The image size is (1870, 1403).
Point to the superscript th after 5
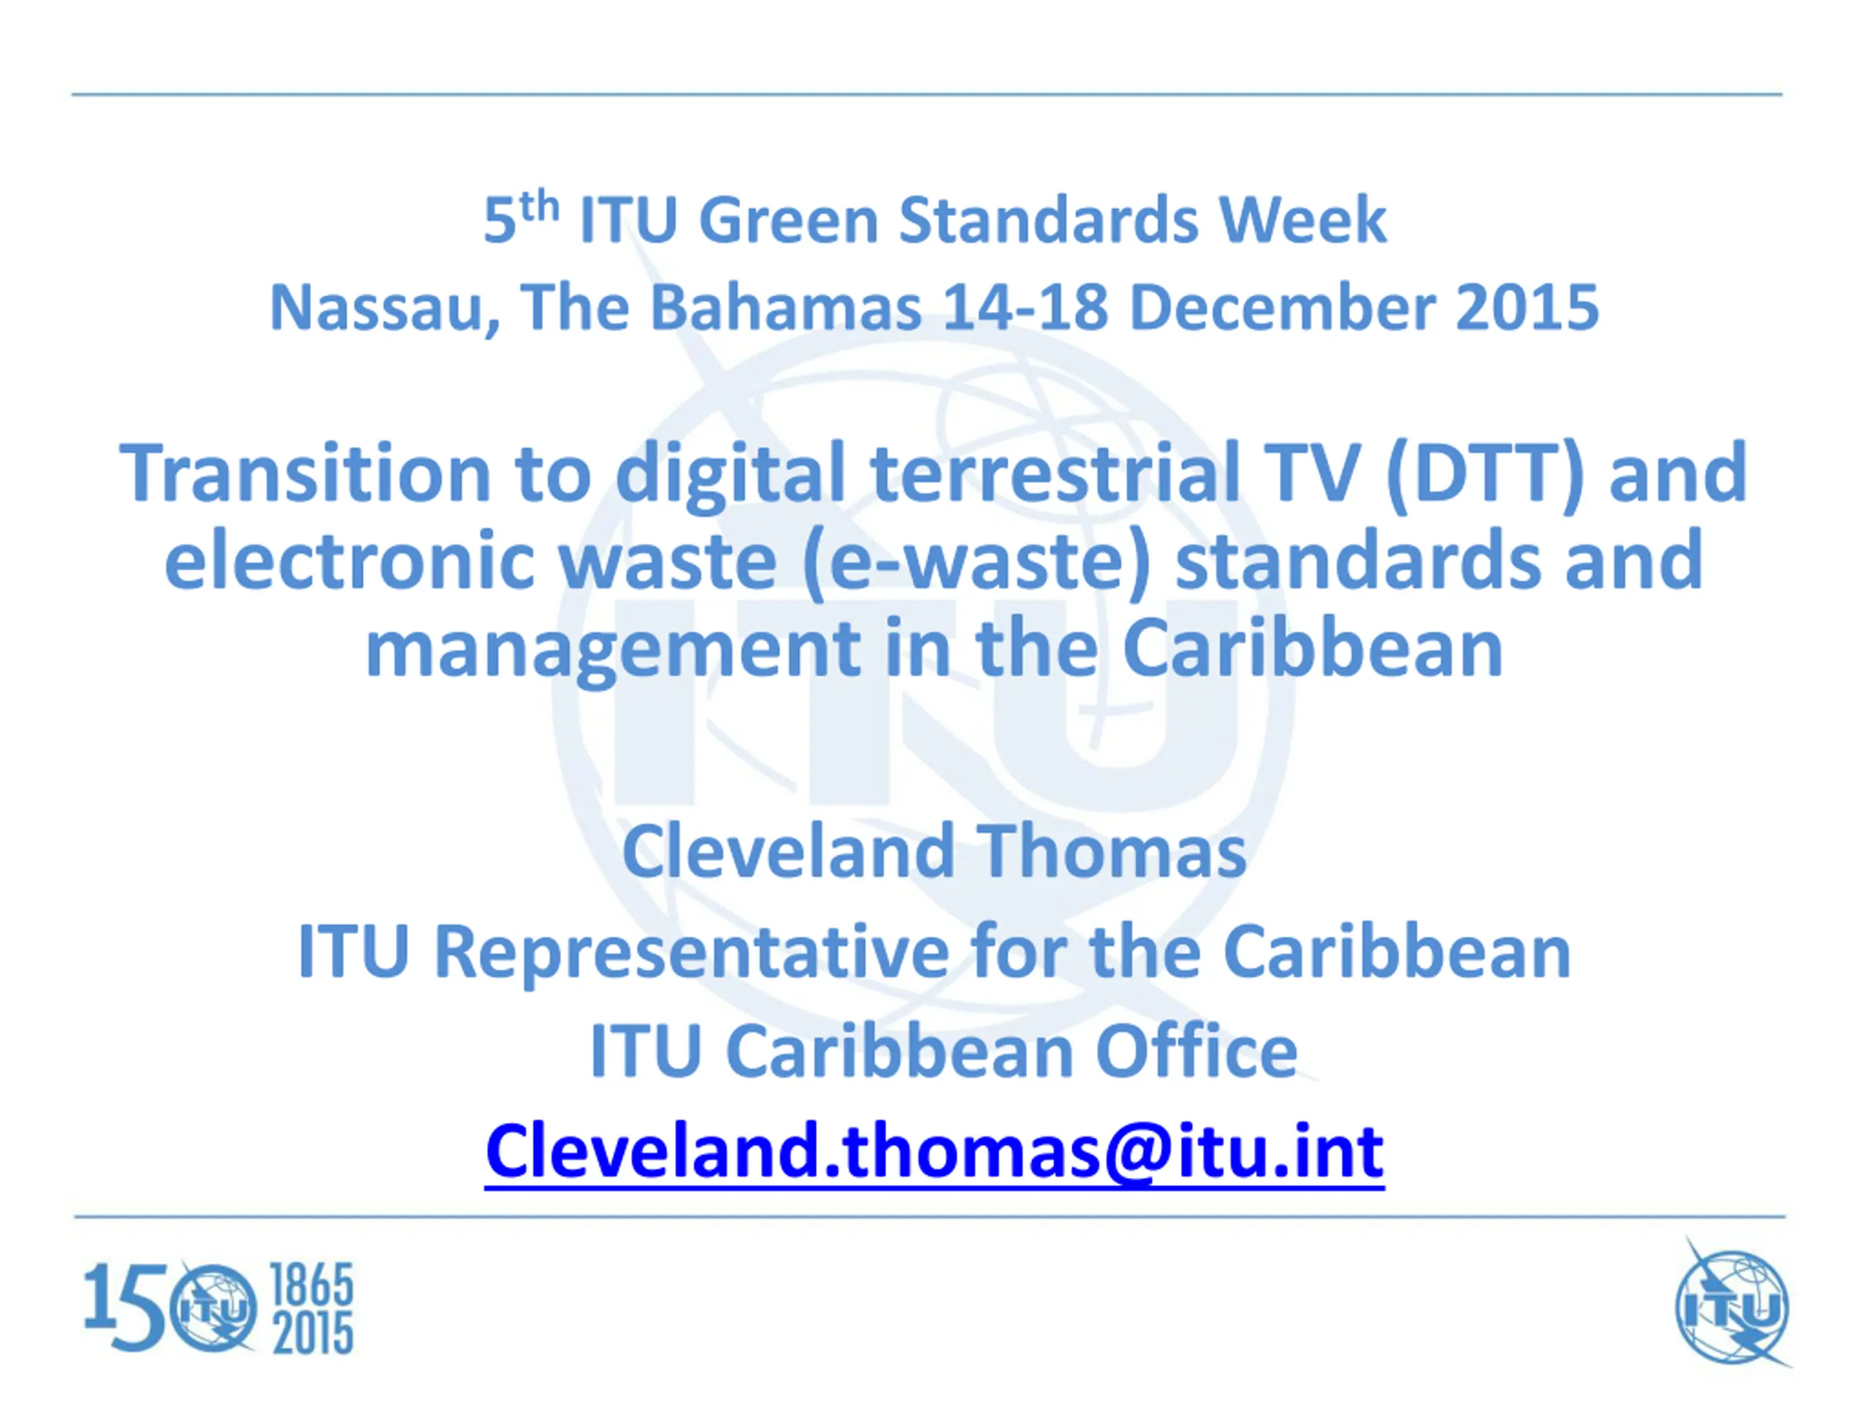click(539, 206)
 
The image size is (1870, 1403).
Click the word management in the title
click(613, 651)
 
